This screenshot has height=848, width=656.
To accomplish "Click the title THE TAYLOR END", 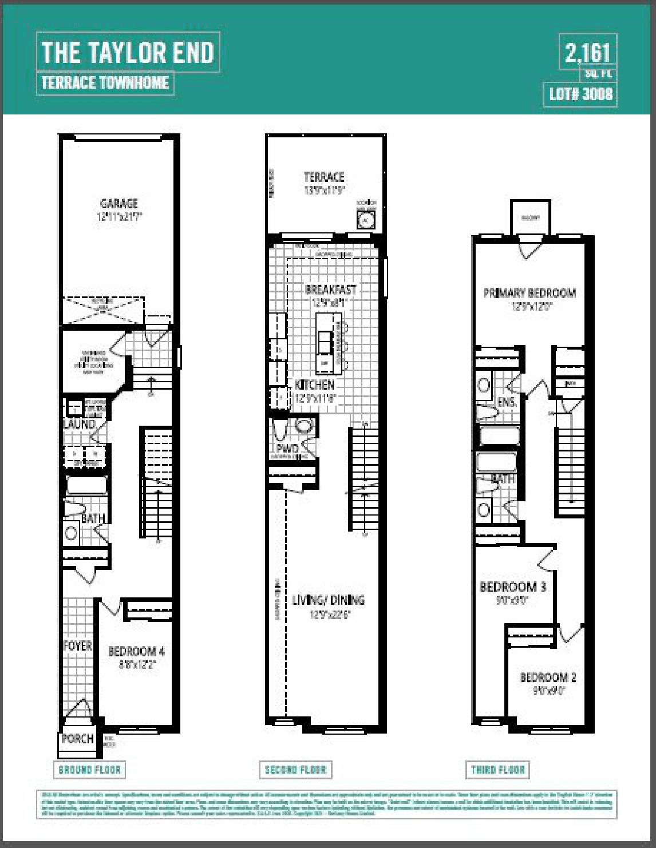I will point(128,53).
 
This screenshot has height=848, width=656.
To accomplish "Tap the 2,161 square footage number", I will point(587,54).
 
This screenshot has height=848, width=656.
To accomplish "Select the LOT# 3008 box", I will point(580,94).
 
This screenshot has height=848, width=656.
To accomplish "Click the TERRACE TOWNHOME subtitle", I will point(105,83).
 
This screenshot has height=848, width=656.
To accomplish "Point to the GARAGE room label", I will point(119,203).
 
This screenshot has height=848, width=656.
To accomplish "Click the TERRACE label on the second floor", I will point(324,177).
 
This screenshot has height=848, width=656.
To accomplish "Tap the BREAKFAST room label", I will point(330,290).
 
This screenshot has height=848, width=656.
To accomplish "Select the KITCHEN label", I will point(314,385).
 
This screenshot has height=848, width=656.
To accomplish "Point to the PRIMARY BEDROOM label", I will point(529,293).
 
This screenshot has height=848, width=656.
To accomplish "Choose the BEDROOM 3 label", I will point(512,587).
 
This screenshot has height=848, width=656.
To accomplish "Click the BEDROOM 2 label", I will point(548,677).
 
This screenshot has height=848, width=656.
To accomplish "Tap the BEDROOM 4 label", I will point(136,651).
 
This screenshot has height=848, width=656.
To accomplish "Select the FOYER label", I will point(77,646).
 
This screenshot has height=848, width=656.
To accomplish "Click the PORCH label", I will point(77,738).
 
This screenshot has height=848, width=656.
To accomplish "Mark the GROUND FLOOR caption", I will point(90,770).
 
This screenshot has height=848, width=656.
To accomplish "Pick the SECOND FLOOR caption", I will point(295,770).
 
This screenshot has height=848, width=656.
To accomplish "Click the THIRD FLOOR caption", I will point(498,770).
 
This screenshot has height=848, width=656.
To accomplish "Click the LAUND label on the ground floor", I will point(79,424).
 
